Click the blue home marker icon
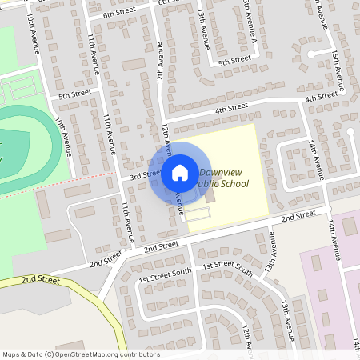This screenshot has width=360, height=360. point(180,173)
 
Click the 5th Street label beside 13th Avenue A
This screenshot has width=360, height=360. point(235,61)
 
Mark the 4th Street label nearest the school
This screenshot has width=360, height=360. point(231,107)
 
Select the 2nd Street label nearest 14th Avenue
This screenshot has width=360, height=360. point(298,215)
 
